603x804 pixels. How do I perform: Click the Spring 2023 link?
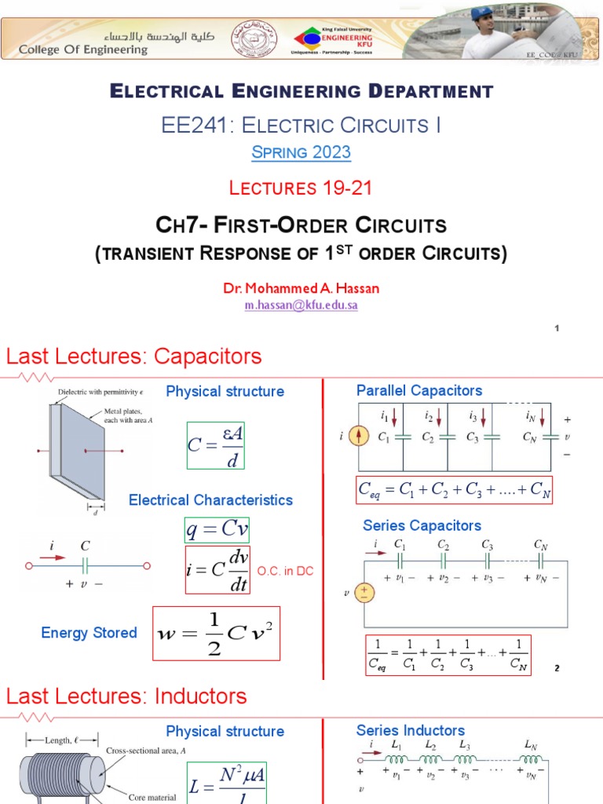click(301, 152)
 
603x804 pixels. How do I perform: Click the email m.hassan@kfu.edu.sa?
click(301, 305)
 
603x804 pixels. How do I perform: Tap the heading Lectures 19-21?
click(301, 188)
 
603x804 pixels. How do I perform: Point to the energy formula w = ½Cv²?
click(215, 633)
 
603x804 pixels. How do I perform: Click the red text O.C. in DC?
click(285, 571)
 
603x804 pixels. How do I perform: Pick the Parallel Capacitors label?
click(419, 390)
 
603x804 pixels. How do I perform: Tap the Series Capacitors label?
click(422, 525)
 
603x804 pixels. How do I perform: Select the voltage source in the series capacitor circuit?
click(365, 594)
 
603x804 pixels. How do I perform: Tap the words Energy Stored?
click(89, 633)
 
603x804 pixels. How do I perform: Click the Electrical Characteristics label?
click(210, 500)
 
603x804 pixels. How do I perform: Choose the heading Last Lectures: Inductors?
click(126, 696)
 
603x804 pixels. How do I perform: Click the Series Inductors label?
click(411, 731)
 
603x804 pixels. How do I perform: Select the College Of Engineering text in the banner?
click(83, 49)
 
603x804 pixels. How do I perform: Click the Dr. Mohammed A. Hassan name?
click(301, 288)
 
